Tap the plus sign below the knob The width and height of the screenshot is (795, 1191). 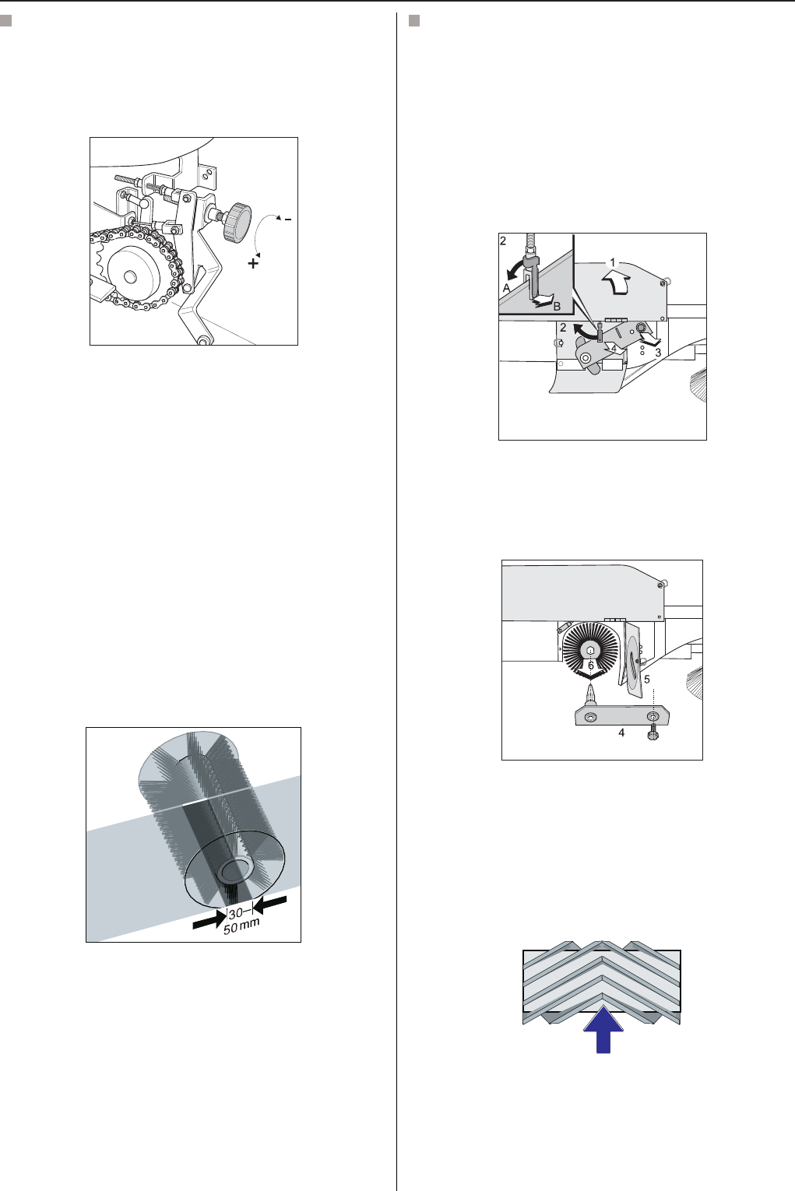coord(254,262)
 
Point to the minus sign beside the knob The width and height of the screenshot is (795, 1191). coord(287,219)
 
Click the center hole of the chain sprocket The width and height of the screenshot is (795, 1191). coord(129,276)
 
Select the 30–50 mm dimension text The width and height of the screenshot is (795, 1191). coord(241,921)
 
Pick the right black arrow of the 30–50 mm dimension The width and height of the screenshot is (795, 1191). coord(270,904)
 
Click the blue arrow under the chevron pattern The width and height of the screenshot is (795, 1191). coord(603,1031)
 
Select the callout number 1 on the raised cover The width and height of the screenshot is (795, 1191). coord(613,262)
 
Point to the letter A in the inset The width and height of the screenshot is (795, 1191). coord(506,288)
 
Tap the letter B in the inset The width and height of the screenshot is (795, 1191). coord(557,307)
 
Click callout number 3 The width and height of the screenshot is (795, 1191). coord(658,353)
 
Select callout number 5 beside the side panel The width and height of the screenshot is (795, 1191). coord(646,680)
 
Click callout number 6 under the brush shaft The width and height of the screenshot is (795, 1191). coord(590,666)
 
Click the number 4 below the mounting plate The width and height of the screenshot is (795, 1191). coord(621,733)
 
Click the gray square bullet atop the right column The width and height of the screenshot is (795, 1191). coord(414,21)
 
